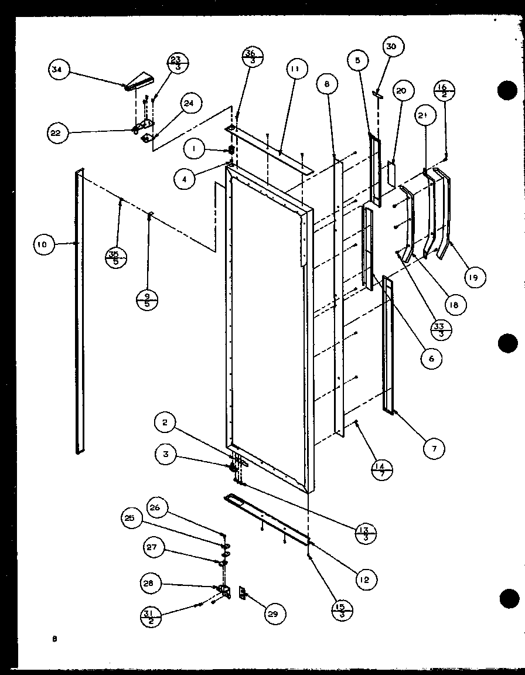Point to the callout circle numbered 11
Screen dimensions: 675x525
[x=294, y=69]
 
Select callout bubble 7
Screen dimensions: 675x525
[x=434, y=449]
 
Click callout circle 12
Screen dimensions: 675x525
[x=366, y=579]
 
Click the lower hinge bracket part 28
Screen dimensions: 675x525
[x=224, y=589]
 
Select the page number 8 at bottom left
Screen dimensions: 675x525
[x=54, y=640]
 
